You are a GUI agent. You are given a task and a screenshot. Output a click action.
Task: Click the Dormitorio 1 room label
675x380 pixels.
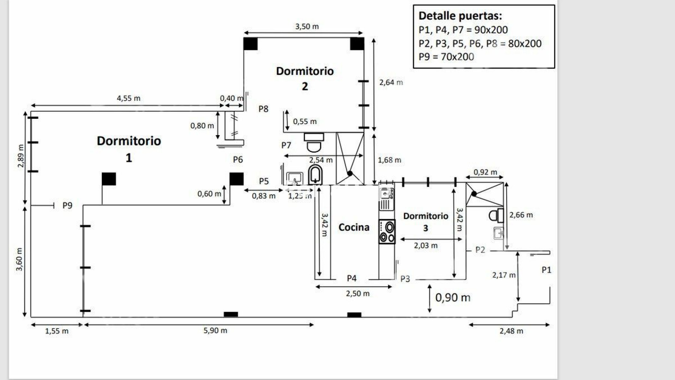(x=129, y=149)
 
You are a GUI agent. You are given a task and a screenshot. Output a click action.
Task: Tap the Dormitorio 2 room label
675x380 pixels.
(x=304, y=78)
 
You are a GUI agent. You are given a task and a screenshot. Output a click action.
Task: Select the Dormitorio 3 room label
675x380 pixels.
(x=425, y=222)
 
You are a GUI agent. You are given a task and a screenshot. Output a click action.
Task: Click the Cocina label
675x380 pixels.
(x=354, y=227)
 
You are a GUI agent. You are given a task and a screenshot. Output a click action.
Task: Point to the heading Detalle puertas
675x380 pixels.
(x=460, y=16)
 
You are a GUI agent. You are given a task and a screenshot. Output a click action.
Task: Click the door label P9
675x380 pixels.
(x=67, y=205)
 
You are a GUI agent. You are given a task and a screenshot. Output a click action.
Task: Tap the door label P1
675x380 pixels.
(x=546, y=270)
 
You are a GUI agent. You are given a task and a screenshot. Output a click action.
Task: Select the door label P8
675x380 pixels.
(x=263, y=109)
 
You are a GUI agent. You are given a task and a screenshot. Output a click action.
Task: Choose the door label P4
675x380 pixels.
(x=352, y=278)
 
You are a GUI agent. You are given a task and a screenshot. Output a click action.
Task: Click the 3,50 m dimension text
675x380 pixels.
(x=307, y=26)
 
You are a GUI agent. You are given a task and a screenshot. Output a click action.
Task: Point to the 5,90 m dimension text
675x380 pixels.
(x=215, y=330)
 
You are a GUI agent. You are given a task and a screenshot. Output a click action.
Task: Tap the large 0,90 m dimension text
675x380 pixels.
(x=453, y=298)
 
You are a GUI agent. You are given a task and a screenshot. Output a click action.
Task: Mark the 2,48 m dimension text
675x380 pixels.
(x=511, y=331)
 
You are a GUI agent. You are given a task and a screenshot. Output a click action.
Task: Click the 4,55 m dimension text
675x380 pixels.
(x=128, y=98)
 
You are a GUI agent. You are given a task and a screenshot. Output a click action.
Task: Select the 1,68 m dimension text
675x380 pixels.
(x=390, y=160)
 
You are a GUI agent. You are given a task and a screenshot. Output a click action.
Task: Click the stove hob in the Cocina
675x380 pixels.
(x=387, y=232)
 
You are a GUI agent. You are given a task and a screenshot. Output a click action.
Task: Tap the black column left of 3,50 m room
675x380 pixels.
(x=250, y=44)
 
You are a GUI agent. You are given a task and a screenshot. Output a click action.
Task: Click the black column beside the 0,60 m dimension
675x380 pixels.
(x=237, y=179)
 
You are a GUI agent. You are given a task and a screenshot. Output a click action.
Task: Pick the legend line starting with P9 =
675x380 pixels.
(x=446, y=57)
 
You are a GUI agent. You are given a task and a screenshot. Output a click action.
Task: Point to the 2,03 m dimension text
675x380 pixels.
(x=425, y=246)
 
